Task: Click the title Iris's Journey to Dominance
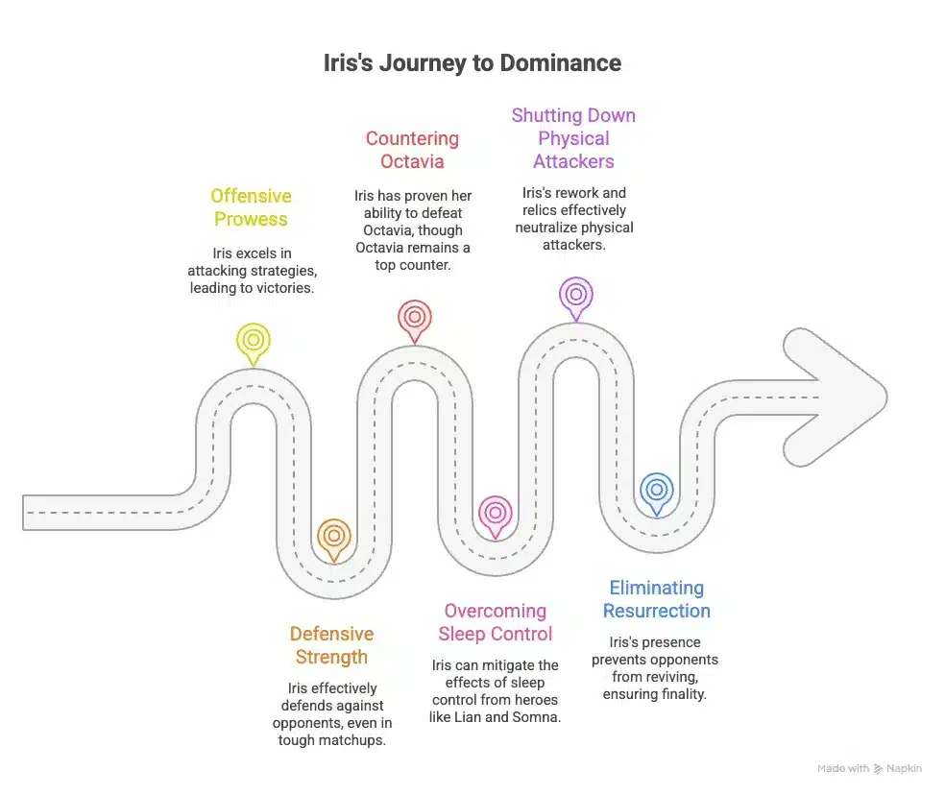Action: [472, 63]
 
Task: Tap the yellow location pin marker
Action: [254, 344]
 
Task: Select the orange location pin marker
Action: [334, 540]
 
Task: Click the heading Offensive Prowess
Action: [252, 207]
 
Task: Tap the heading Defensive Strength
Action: [331, 645]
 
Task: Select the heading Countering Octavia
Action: [412, 150]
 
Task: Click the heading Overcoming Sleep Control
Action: [496, 622]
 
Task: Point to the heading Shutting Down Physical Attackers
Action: [573, 138]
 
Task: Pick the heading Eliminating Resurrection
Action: [657, 599]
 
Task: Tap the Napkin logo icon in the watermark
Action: [878, 768]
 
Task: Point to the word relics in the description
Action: [540, 210]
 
